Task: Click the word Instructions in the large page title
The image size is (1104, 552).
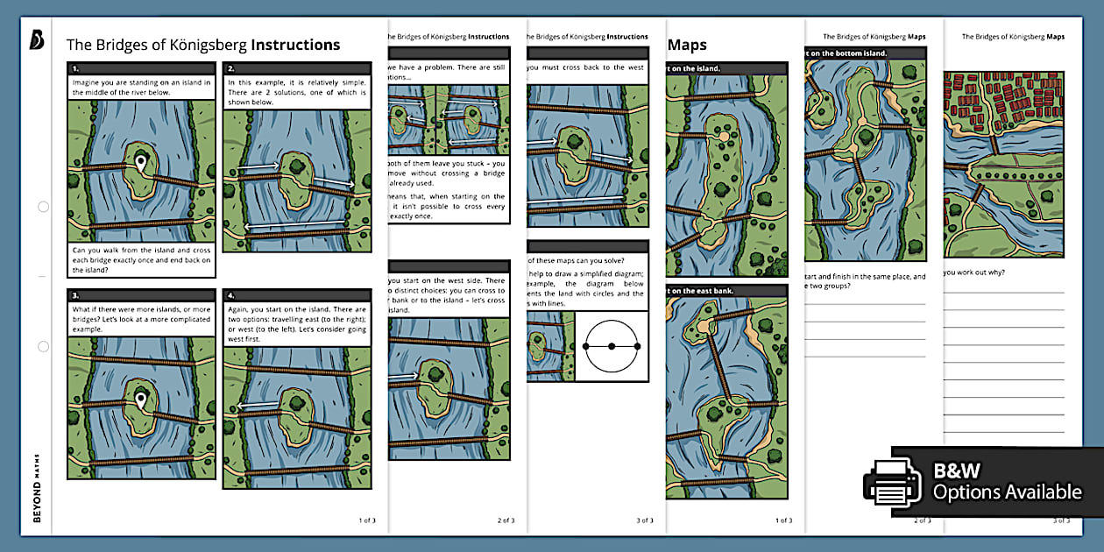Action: click(295, 45)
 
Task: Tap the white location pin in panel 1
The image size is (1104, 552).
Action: click(140, 163)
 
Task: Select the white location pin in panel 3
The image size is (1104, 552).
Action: click(140, 401)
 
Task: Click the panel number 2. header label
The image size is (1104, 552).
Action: click(231, 68)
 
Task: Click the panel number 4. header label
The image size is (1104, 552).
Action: click(231, 296)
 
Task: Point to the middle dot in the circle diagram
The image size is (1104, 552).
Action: click(612, 346)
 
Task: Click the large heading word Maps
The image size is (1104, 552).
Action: click(687, 45)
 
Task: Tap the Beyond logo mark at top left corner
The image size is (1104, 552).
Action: click(36, 39)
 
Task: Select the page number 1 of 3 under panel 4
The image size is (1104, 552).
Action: click(367, 520)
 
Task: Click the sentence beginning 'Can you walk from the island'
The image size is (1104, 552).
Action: click(140, 259)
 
